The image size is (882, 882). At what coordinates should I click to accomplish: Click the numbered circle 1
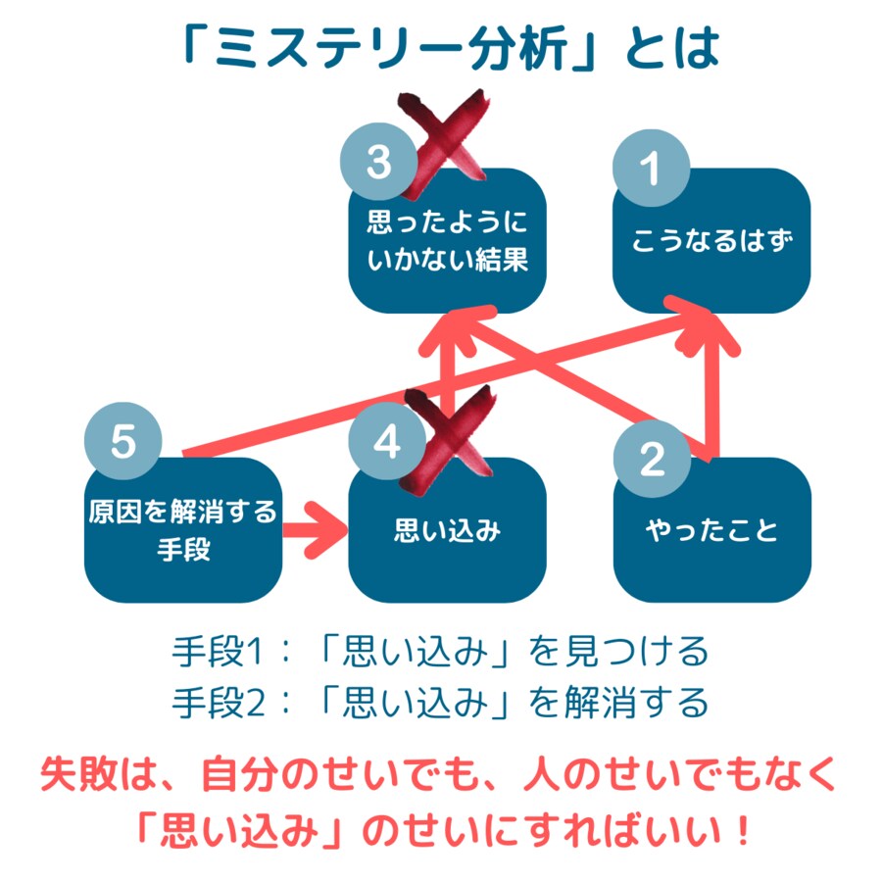point(650,169)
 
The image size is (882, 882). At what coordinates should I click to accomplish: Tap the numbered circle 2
point(651,458)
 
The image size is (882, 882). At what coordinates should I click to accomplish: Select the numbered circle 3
point(378,163)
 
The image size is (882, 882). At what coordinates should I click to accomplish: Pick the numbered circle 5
point(122,442)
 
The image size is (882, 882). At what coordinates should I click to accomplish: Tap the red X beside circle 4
point(446,427)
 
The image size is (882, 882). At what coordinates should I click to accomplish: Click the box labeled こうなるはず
point(711,241)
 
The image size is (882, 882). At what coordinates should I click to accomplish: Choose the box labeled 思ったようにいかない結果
point(447,241)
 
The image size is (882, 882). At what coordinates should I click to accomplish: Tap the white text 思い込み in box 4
point(447,531)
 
